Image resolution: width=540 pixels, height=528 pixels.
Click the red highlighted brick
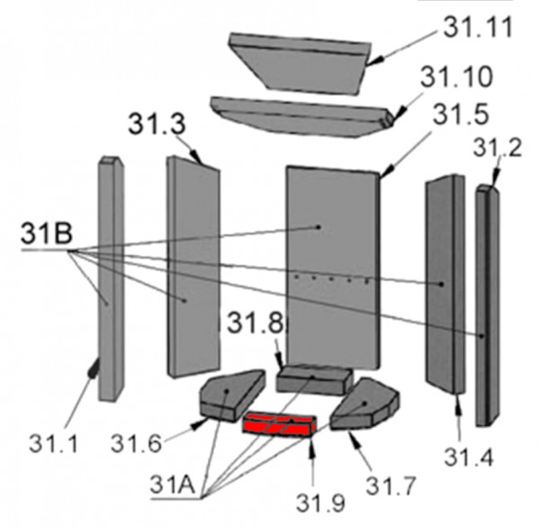coord(279,424)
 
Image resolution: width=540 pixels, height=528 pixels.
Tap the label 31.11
coord(479,27)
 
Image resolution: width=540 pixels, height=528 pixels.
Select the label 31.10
coord(456,77)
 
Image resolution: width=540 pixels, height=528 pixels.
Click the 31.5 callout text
coord(461,114)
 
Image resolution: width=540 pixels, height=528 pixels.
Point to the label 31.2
coord(498,148)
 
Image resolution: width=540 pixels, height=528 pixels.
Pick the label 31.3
coord(157,123)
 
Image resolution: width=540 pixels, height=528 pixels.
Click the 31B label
coord(47,232)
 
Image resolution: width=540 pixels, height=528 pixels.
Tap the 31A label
coord(173,485)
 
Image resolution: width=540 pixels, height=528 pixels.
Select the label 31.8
coord(256,323)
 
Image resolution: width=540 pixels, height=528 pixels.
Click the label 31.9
coord(320,503)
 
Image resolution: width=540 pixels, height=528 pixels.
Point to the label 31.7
coord(391,486)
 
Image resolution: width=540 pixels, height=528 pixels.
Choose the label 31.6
coord(136,443)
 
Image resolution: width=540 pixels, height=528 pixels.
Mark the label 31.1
coord(54,443)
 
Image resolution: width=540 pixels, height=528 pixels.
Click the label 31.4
coord(469,458)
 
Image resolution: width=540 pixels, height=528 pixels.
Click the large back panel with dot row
coord(333,269)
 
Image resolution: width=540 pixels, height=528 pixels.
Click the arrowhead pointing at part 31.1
coord(94,368)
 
